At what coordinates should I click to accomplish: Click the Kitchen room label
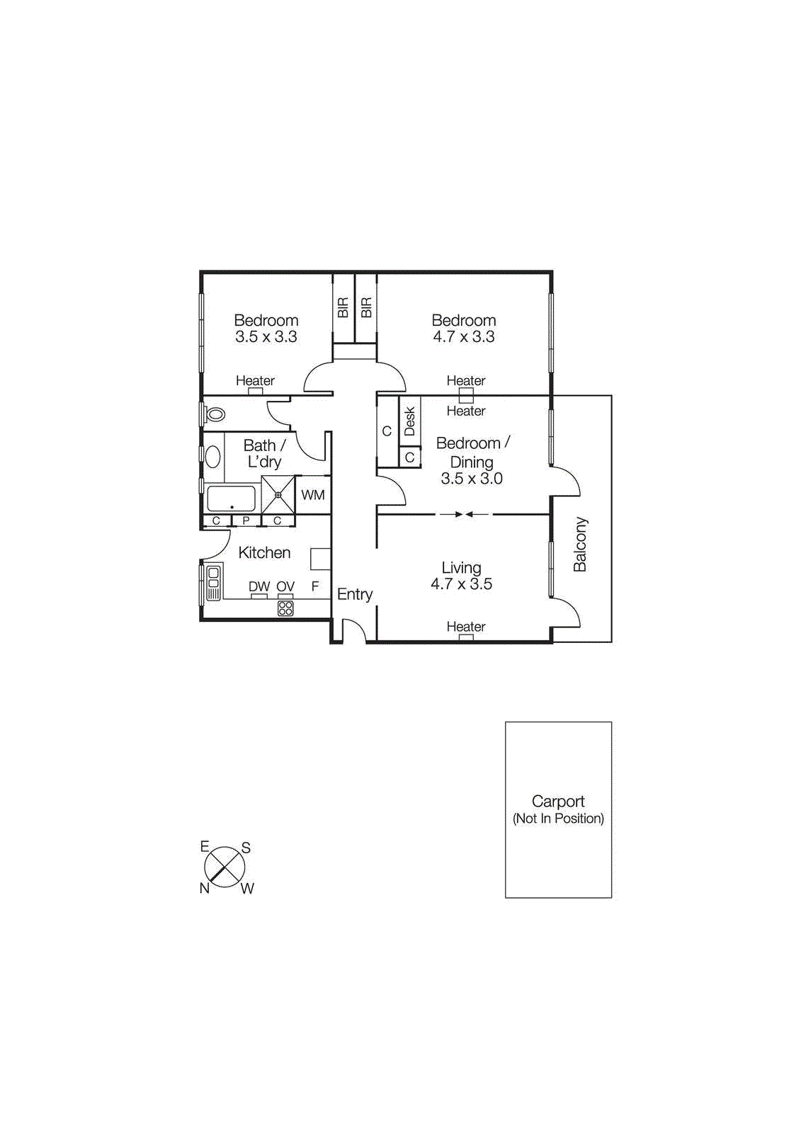(x=264, y=552)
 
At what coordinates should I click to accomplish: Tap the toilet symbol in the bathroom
(x=215, y=414)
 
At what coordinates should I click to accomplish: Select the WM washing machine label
(x=313, y=495)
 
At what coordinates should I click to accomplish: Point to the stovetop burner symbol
(x=285, y=608)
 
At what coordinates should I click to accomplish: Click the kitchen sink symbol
(x=212, y=582)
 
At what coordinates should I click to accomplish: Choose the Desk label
(x=409, y=421)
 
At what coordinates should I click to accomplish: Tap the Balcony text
(x=580, y=544)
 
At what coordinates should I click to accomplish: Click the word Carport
(x=558, y=802)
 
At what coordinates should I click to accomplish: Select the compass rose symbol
(x=225, y=867)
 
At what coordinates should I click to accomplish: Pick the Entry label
(x=355, y=594)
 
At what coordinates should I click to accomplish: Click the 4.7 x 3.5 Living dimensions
(x=461, y=584)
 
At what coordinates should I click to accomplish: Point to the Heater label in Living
(x=466, y=627)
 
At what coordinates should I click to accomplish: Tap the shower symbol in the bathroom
(x=278, y=495)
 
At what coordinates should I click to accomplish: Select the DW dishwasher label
(x=259, y=586)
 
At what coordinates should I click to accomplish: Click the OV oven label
(x=285, y=586)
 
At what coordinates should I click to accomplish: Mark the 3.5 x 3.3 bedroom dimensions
(x=266, y=337)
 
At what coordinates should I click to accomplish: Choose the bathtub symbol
(x=231, y=499)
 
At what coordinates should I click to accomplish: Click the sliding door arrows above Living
(x=464, y=515)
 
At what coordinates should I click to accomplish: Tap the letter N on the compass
(x=205, y=888)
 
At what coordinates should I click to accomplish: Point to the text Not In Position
(x=558, y=819)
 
